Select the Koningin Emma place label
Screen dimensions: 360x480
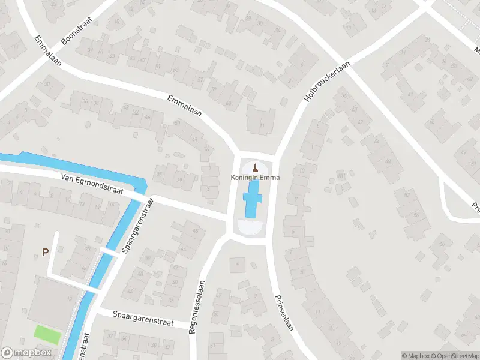pos(256,178)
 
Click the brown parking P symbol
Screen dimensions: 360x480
pos(45,253)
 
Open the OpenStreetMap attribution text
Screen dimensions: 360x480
pos(457,356)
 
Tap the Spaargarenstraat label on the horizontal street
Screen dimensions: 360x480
pos(143,319)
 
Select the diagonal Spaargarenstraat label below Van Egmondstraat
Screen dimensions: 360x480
pos(137,225)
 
